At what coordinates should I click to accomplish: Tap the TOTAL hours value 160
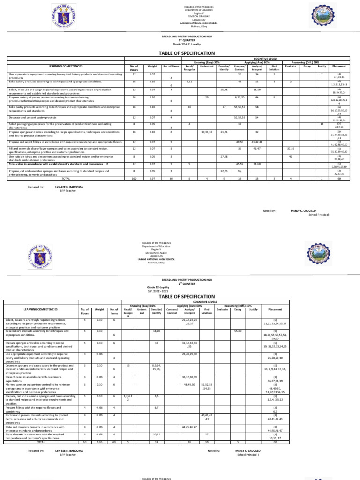click(134, 179)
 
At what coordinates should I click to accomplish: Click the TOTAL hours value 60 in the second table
click(84, 442)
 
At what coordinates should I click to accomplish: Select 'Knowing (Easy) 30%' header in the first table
click(207, 62)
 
